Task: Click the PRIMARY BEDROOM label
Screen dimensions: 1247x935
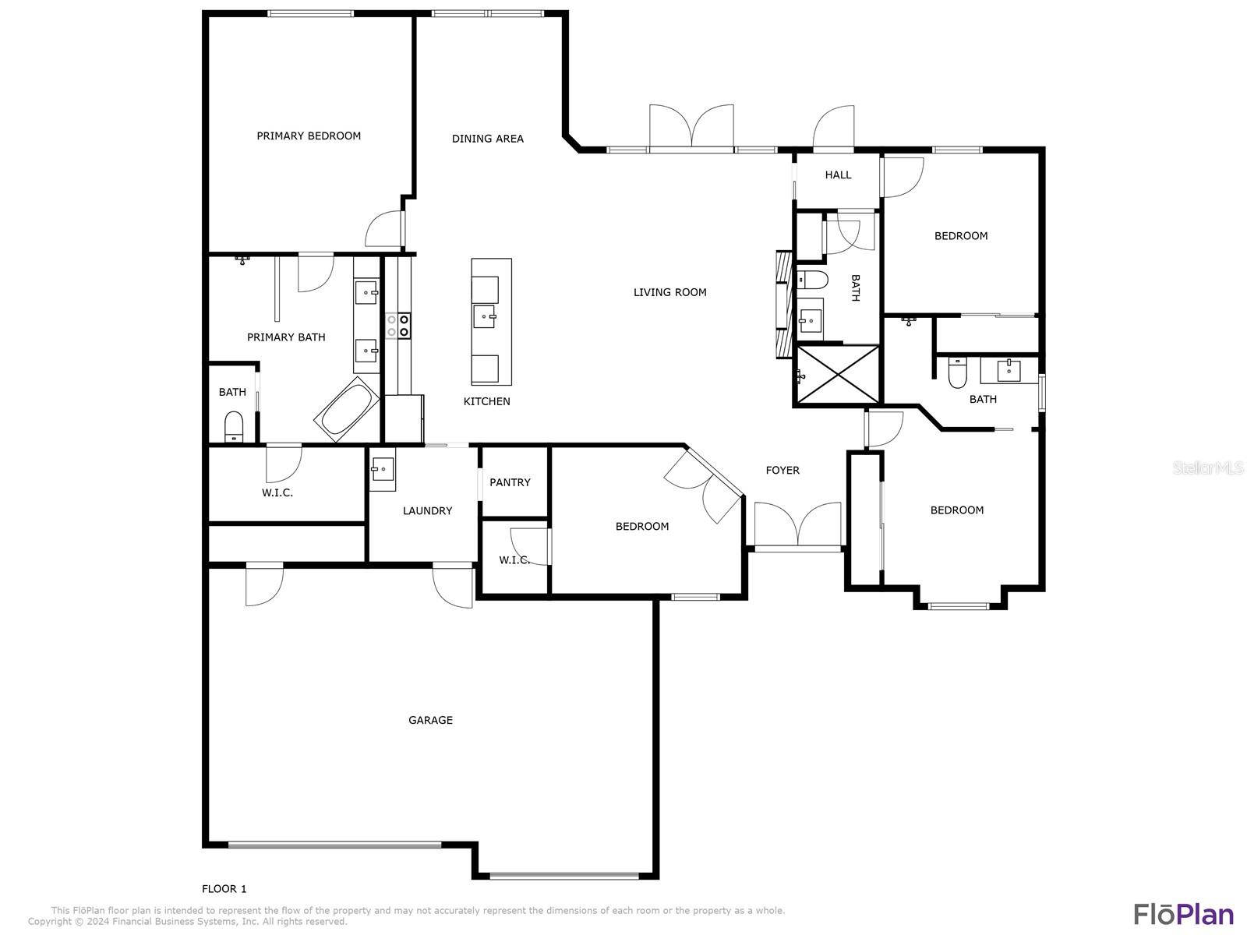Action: [x=309, y=136]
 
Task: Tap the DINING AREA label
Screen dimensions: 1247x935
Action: [x=487, y=139]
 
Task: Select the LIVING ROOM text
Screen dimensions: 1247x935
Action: [x=669, y=292]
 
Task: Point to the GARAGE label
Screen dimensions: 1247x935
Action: [x=431, y=720]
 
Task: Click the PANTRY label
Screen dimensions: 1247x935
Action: [x=510, y=482]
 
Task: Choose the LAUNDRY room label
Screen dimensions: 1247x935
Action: [x=427, y=511]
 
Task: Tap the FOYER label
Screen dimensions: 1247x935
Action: [x=782, y=470]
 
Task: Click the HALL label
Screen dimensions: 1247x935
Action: [x=838, y=175]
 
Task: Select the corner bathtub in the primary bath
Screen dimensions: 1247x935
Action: [x=347, y=409]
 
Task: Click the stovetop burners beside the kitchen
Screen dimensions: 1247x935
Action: [x=398, y=326]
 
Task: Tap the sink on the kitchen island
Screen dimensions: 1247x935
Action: [x=485, y=316]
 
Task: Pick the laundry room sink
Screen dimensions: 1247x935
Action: [x=383, y=470]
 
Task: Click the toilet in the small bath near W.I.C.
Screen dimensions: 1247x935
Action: [x=234, y=427]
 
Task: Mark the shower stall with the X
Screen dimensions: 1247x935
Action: [x=838, y=376]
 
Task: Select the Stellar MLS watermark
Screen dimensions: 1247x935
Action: [x=1208, y=467]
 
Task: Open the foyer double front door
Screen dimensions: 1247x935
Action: [x=797, y=526]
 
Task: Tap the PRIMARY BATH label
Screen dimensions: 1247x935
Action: [x=286, y=337]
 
